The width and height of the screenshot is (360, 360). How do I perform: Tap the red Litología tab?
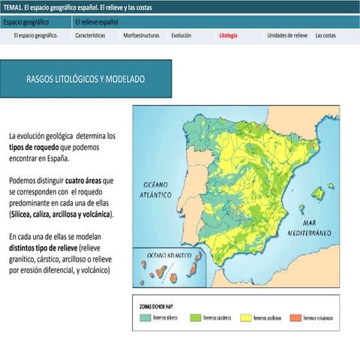coord(228,35)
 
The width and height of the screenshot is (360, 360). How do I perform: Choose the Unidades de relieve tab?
coord(287,35)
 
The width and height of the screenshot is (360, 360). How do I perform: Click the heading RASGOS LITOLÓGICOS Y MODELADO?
coord(85,79)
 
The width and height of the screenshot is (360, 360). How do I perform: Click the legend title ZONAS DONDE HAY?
coord(157,306)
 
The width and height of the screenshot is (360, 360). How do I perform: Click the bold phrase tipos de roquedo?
coord(39,148)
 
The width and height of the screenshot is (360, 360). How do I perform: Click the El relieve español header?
coord(97,21)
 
